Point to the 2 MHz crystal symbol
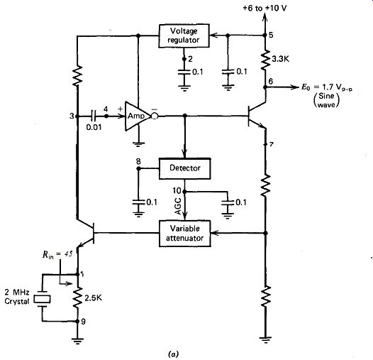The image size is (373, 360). click(42, 299)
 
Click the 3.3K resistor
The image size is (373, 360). click(265, 60)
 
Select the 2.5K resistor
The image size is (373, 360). click(77, 298)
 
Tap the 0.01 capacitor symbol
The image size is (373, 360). click(93, 116)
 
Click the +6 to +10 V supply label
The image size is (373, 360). click(265, 9)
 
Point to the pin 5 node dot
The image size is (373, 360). click(265, 36)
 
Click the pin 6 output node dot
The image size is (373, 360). click(265, 87)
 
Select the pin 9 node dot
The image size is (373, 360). click(77, 321)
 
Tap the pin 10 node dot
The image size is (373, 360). click(184, 191)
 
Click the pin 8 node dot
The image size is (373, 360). click(138, 168)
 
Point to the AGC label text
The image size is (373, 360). click(178, 207)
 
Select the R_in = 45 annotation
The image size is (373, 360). click(57, 254)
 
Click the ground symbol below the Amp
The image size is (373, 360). click(139, 144)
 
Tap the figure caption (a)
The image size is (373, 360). click(173, 354)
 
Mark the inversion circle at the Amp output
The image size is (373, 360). click(155, 116)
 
